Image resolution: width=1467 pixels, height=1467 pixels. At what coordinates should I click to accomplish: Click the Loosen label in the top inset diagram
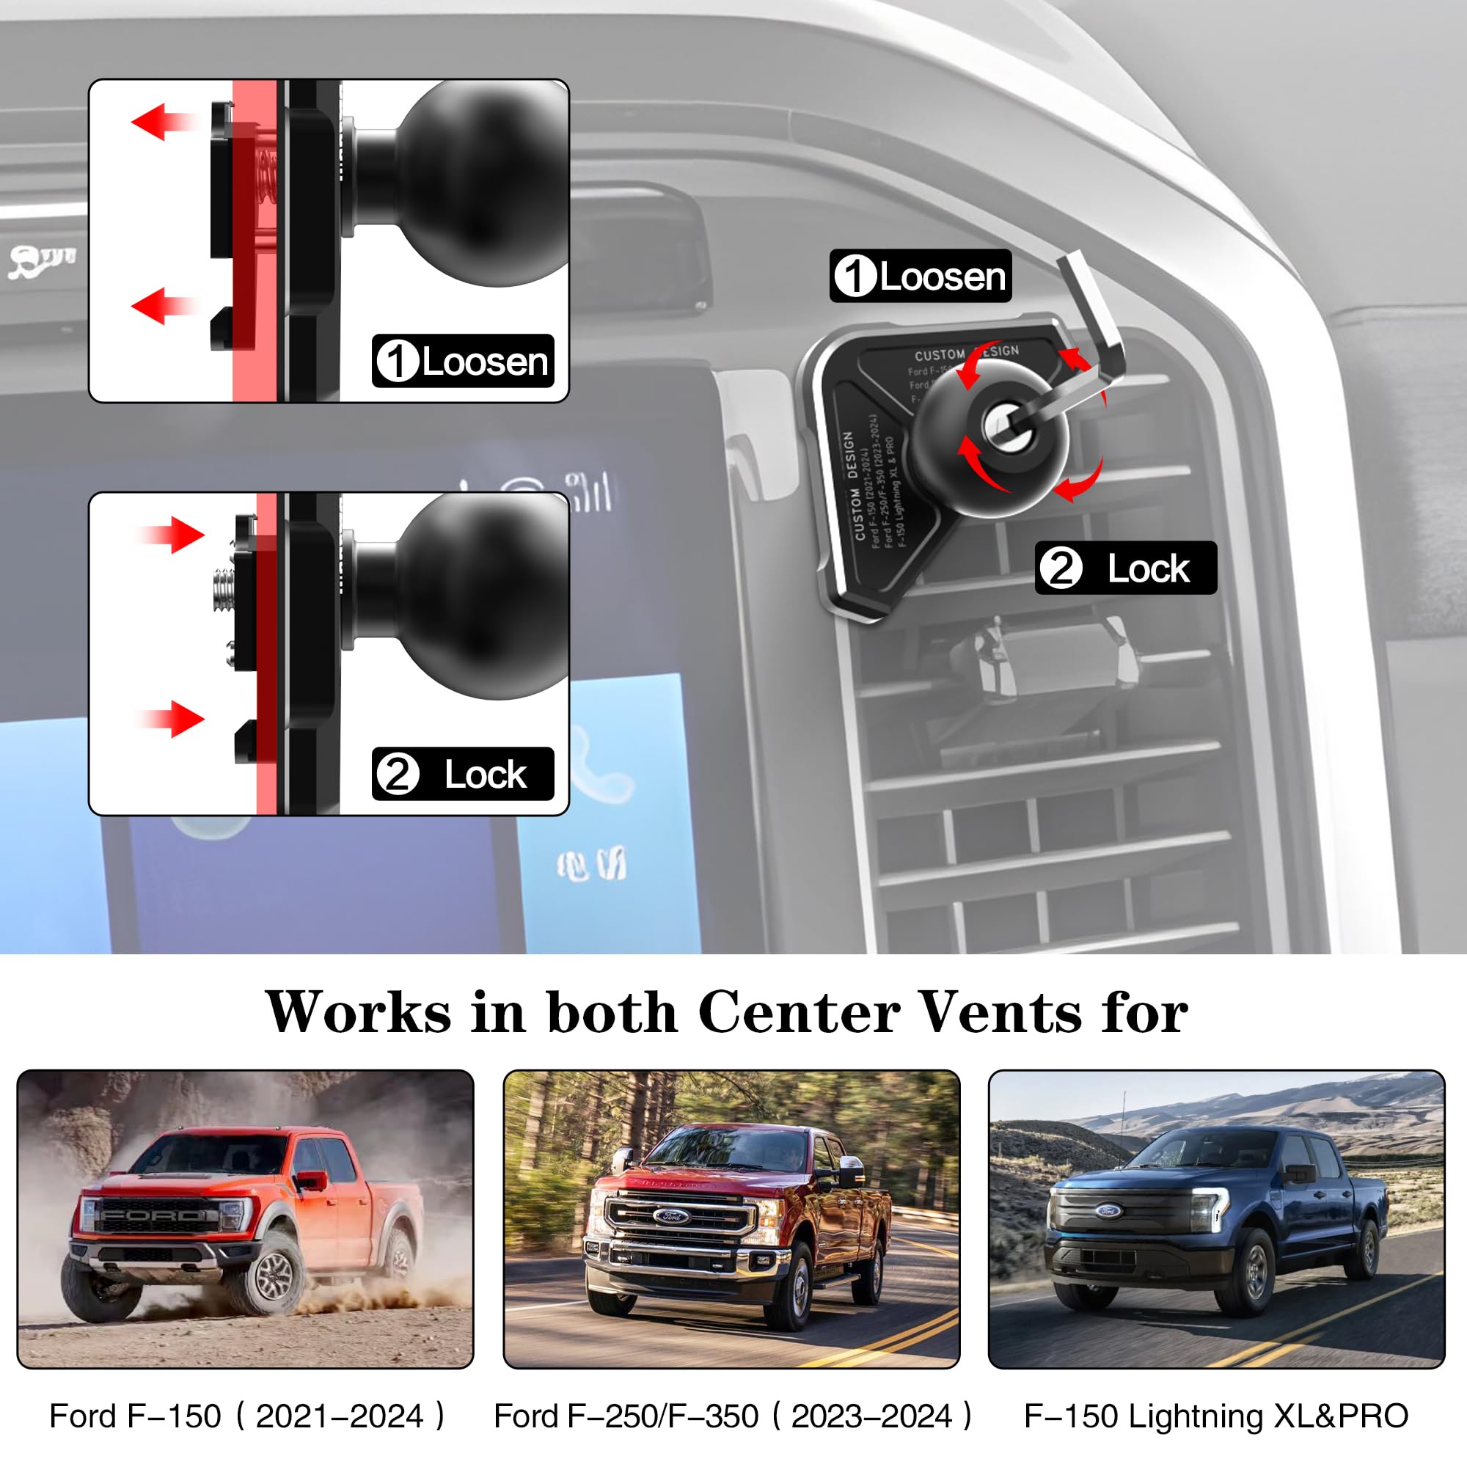462,361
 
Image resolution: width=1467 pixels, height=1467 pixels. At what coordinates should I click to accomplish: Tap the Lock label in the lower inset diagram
462,774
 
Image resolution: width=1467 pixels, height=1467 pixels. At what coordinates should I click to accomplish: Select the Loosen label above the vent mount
920,276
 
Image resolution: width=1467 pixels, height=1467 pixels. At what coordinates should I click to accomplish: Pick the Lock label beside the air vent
1125,568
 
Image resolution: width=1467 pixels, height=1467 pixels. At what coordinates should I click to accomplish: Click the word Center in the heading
799,1013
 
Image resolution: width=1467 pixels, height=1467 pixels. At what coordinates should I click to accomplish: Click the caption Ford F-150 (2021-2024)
246,1416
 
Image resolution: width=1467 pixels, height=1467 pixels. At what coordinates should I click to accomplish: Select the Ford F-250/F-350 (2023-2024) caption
732,1416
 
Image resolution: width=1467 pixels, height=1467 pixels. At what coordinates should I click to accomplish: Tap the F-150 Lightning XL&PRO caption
1215,1416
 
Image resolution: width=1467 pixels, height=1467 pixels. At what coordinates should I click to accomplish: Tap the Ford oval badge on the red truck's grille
671,1216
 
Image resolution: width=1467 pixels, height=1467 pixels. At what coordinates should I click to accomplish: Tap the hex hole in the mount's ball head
1007,427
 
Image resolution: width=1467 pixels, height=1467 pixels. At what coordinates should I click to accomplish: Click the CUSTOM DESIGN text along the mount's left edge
855,486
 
